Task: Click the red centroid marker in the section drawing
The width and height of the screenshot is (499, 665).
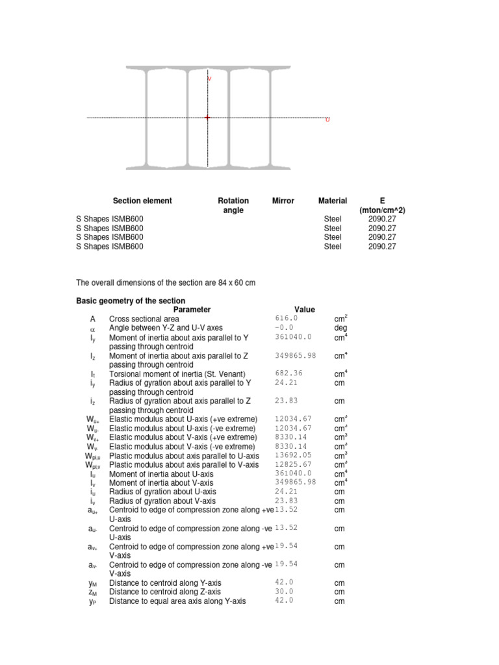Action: click(x=207, y=118)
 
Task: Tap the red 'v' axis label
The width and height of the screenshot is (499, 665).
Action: click(x=209, y=79)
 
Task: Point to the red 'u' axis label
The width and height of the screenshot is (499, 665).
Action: click(x=327, y=120)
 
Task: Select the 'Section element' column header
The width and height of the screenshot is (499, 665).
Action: click(x=142, y=201)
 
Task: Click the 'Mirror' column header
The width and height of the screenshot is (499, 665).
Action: click(x=283, y=201)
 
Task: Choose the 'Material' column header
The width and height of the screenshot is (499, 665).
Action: click(x=333, y=201)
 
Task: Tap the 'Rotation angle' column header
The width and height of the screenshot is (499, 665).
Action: click(x=233, y=206)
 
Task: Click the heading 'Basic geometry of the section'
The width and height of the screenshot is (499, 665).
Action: click(x=131, y=301)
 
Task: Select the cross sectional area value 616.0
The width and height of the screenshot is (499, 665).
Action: click(x=286, y=319)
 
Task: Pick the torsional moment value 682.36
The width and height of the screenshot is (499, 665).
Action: click(x=288, y=373)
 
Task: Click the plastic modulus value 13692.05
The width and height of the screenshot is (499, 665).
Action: click(x=293, y=456)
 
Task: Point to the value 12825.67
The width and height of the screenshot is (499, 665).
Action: click(x=293, y=465)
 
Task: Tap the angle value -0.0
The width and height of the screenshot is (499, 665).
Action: click(x=284, y=328)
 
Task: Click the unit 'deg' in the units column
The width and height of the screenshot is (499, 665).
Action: click(x=340, y=329)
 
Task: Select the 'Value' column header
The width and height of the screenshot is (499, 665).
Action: click(x=305, y=310)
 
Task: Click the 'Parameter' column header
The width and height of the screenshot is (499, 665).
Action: click(x=192, y=310)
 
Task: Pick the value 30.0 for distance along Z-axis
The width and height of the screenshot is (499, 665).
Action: click(x=284, y=592)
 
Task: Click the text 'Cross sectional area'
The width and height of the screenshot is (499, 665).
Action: click(x=144, y=320)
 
